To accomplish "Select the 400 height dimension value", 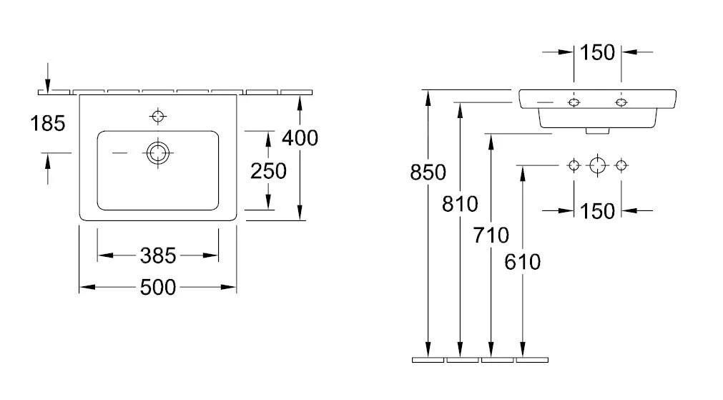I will point(300,137).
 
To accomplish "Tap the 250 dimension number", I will point(268,170).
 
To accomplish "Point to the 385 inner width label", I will point(158,255).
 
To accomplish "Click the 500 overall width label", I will point(157,287).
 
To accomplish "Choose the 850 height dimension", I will point(428,172).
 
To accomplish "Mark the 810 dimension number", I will point(459,205).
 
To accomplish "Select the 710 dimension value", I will point(491,234).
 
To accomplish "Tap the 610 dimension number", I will point(523,262).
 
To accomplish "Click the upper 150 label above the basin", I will point(597,52).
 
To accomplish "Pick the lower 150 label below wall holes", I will point(597,210).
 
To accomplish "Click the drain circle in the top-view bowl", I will point(157,152).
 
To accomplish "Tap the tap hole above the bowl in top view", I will point(157,115).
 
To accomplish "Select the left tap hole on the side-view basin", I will point(574,103).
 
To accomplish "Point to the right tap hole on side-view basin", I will point(621,103).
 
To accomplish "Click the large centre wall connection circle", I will point(597,165).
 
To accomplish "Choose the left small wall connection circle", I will point(574,165).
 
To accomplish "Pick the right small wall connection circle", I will point(621,165).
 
